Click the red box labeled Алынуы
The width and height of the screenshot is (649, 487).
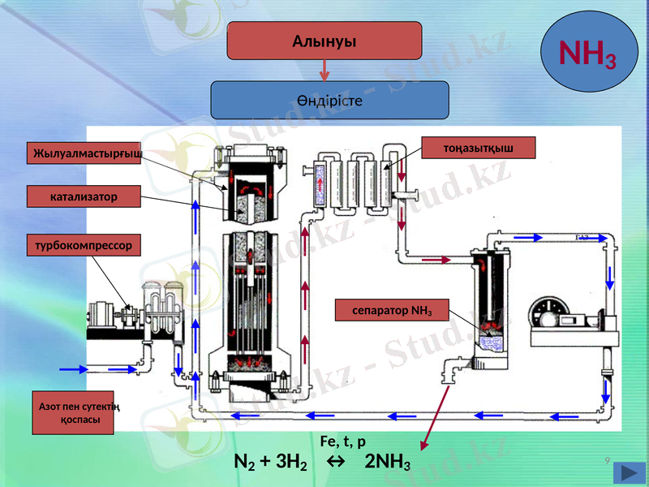pos(324,41)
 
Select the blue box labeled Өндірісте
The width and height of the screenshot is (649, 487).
pos(329,101)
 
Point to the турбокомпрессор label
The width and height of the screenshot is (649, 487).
pos(83,244)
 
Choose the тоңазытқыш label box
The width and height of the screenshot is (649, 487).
pos(479,147)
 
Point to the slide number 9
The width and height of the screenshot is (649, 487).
pos(607,461)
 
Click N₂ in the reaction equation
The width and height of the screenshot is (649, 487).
pos(243,463)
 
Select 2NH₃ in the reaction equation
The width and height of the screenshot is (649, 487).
pos(388,463)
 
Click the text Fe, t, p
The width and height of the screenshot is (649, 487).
pos(343,442)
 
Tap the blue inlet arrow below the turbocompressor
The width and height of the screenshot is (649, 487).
pos(73,369)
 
